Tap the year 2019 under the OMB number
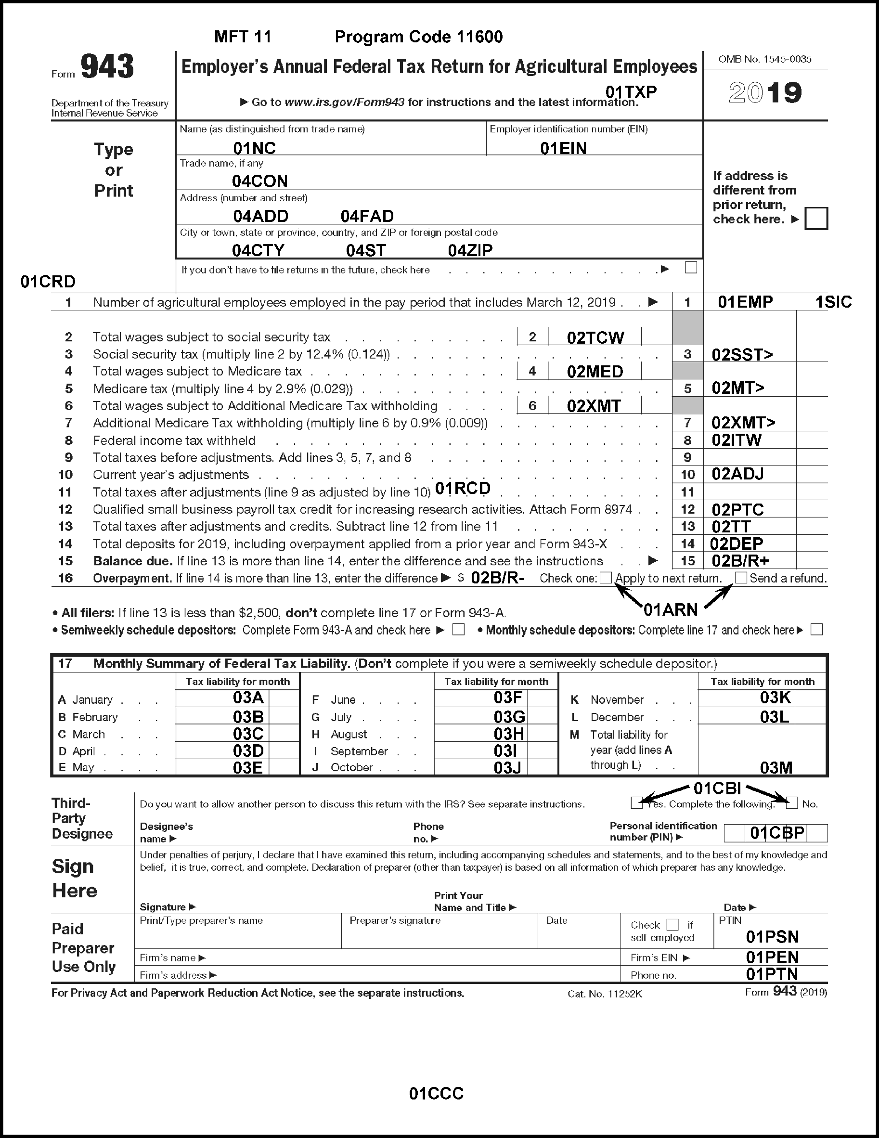click(x=765, y=93)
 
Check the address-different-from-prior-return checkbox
click(x=816, y=219)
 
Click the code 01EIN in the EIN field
click(x=563, y=148)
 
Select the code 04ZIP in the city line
click(x=470, y=251)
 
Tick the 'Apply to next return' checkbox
click(x=606, y=577)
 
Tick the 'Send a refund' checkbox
click(x=741, y=577)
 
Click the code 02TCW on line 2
click(x=595, y=337)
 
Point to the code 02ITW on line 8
click(x=736, y=440)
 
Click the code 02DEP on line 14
click(x=736, y=544)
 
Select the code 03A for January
click(x=248, y=698)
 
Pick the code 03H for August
click(x=508, y=734)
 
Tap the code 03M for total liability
click(x=776, y=767)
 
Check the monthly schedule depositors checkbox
click(x=816, y=630)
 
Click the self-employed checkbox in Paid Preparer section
click(x=672, y=924)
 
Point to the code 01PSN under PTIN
click(x=772, y=937)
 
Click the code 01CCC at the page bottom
click(x=436, y=1093)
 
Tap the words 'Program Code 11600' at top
click(x=418, y=37)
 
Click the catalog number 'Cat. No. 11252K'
click(x=605, y=994)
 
